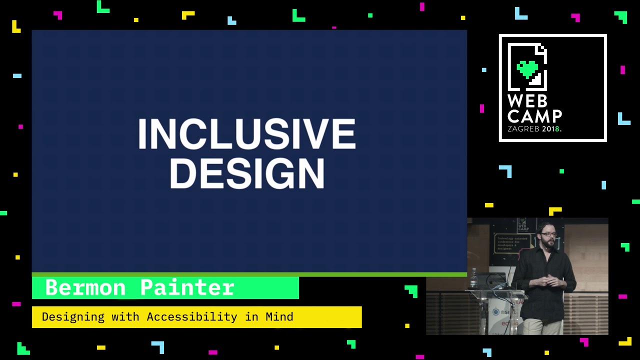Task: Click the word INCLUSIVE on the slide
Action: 246,134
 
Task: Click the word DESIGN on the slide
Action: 247,174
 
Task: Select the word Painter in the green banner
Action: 187,288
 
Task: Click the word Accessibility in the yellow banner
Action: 191,317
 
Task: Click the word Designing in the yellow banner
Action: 73,317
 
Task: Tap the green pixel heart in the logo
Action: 527,69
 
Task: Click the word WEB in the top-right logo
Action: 527,101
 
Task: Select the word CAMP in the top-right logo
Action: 534,116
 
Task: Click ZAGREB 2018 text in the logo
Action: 533,129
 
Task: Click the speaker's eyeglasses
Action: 548,234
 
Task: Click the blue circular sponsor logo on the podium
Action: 496,312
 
